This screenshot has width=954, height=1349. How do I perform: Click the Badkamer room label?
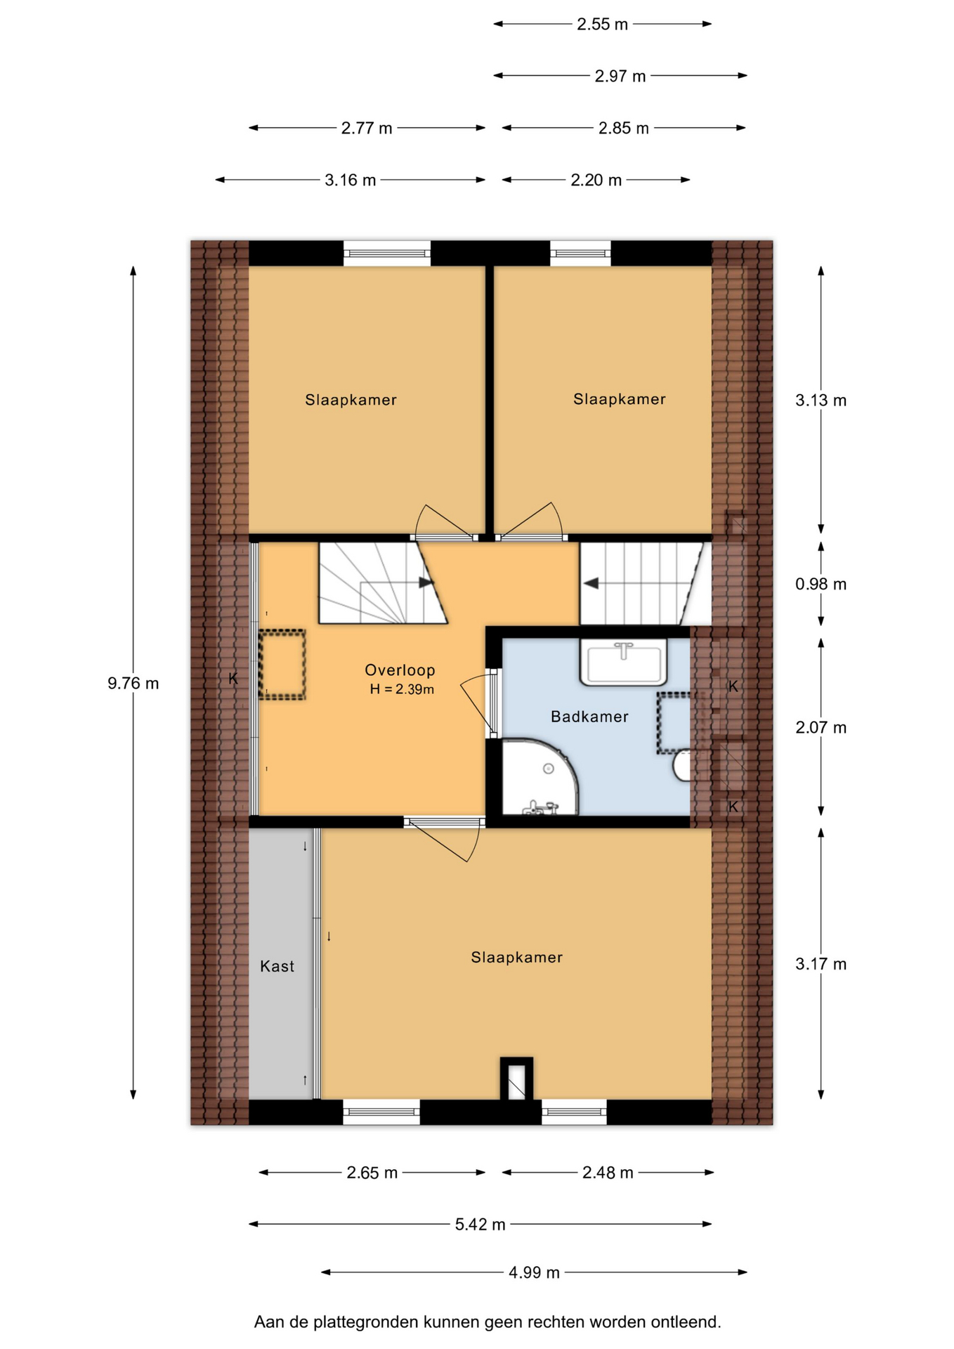pyautogui.click(x=589, y=717)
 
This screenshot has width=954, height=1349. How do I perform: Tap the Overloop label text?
pyautogui.click(x=400, y=670)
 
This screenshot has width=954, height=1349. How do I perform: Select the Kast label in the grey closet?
pyautogui.click(x=277, y=966)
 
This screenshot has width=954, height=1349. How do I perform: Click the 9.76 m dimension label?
pyautogui.click(x=133, y=683)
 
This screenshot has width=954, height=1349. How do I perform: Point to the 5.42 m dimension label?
pyautogui.click(x=480, y=1225)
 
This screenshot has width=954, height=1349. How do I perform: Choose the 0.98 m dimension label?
pyautogui.click(x=821, y=584)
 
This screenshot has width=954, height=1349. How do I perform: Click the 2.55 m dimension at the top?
pyautogui.click(x=602, y=25)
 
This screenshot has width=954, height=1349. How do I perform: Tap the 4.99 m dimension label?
pyautogui.click(x=534, y=1272)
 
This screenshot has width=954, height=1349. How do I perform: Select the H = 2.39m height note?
pyautogui.click(x=402, y=689)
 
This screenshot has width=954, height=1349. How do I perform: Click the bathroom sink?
pyautogui.click(x=623, y=662)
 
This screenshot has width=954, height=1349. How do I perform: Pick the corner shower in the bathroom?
pyautogui.click(x=538, y=777)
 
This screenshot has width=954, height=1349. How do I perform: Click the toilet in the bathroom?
pyautogui.click(x=682, y=765)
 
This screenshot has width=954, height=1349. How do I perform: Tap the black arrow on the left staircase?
pyautogui.click(x=425, y=582)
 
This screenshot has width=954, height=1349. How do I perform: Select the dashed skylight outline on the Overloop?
pyautogui.click(x=282, y=665)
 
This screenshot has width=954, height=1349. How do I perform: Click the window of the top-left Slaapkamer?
pyautogui.click(x=386, y=253)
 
